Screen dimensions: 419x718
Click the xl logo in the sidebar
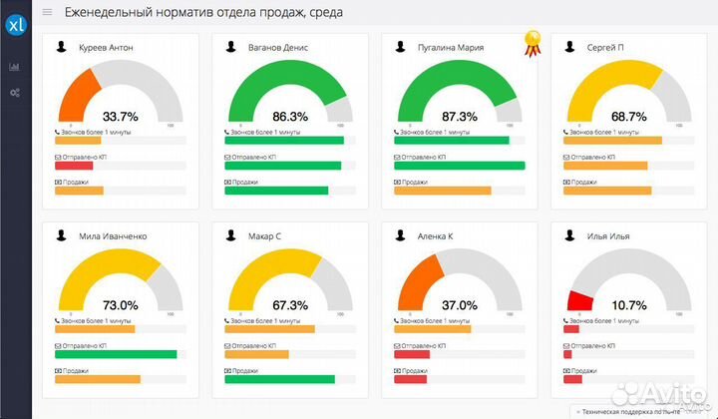(15, 25)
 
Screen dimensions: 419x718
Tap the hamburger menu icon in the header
(47, 13)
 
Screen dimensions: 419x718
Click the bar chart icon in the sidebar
(15, 67)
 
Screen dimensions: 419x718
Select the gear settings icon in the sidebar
(15, 93)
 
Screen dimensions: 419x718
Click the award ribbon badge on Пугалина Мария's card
(533, 43)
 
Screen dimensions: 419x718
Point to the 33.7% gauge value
(121, 116)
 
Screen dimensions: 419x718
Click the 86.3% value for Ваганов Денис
(290, 116)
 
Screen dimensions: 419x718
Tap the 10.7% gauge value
(628, 304)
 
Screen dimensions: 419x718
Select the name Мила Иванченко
(113, 236)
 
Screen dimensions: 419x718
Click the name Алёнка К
(436, 236)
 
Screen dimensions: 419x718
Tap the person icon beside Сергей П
(569, 47)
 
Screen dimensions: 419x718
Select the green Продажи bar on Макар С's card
(279, 379)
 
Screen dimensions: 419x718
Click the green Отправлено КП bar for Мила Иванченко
(116, 354)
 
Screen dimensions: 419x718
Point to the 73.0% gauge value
(121, 304)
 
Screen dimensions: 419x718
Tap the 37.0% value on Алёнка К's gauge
(460, 304)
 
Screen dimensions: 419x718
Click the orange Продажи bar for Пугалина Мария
(443, 191)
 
